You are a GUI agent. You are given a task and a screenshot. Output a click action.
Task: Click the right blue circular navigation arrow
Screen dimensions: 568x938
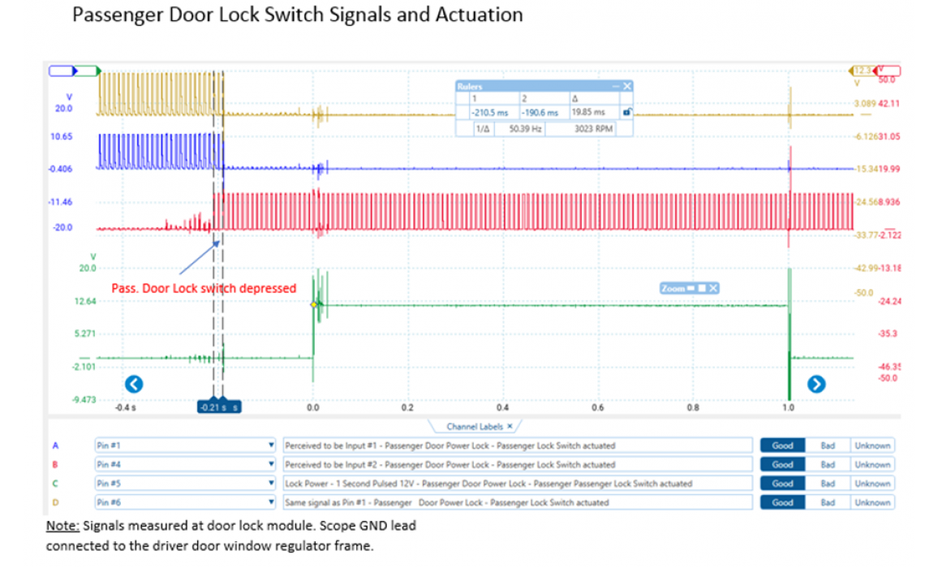click(x=817, y=384)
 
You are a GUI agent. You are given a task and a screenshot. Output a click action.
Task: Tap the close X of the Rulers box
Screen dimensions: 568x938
click(x=626, y=86)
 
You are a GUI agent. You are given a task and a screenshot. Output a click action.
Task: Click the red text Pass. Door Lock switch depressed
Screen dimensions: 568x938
click(x=203, y=288)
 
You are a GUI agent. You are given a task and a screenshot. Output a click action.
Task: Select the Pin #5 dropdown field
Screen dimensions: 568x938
click(x=186, y=484)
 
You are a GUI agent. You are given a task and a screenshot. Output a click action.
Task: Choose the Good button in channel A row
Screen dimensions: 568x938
click(x=782, y=445)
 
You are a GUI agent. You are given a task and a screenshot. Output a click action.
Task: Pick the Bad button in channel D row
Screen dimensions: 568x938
click(x=828, y=502)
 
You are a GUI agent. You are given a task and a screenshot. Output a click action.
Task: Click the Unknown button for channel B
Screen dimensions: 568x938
click(x=872, y=465)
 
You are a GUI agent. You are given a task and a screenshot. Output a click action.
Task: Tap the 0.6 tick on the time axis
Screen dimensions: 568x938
click(x=598, y=407)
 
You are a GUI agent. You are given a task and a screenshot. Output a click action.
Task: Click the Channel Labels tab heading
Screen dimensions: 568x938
click(x=480, y=426)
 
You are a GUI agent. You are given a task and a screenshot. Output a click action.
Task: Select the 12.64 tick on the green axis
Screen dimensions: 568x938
click(x=85, y=301)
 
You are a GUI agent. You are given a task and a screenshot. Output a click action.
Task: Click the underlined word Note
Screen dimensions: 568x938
click(x=61, y=526)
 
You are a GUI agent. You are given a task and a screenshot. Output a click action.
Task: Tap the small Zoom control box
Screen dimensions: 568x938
click(x=690, y=288)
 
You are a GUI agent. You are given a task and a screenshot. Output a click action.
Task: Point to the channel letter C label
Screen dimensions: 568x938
click(x=56, y=484)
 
